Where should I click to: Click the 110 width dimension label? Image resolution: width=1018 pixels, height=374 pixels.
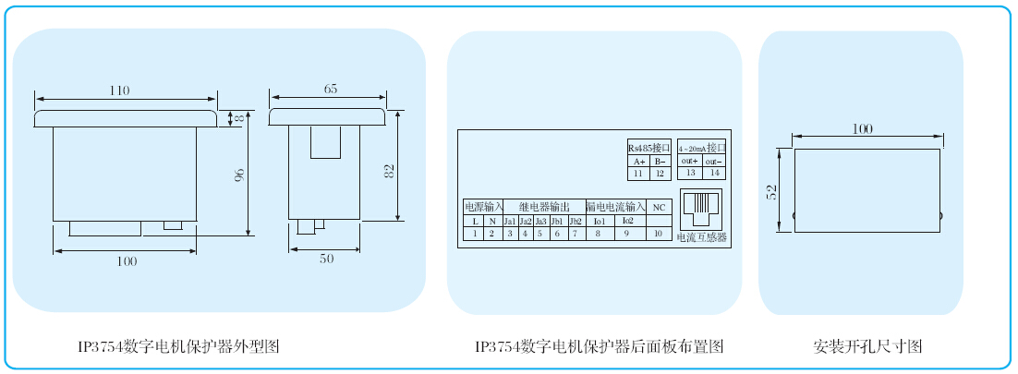pos(119,90)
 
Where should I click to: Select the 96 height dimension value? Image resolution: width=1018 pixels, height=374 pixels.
pos(239,175)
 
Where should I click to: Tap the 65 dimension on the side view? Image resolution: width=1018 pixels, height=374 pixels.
pos(331,89)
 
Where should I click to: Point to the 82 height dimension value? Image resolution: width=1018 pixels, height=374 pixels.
pos(389,170)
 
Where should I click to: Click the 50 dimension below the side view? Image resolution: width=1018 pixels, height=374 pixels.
pos(326,259)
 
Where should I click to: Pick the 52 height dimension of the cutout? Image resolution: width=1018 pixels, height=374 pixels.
pos(772,191)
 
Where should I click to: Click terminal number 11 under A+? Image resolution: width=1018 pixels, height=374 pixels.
pos(637,174)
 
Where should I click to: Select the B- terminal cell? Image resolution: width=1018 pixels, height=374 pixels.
pos(659,162)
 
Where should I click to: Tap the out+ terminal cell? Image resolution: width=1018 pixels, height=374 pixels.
pos(689,162)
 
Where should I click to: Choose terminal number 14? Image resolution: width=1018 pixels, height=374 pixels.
pos(713,174)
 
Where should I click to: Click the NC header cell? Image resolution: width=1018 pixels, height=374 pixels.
pos(659,208)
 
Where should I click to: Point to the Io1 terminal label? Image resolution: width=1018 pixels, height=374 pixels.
pos(599,222)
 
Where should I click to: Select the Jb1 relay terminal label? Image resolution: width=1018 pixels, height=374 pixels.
pos(556,222)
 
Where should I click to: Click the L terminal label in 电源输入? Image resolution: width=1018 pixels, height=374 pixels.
pos(475,222)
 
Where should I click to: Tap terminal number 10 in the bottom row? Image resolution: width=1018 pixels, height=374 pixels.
pos(659,235)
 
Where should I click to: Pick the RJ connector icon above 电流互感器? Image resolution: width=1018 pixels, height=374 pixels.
pos(704,209)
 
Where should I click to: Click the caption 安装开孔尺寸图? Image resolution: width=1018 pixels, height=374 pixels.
pos(867,347)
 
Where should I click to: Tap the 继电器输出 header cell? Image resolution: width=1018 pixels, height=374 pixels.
pos(544,208)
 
